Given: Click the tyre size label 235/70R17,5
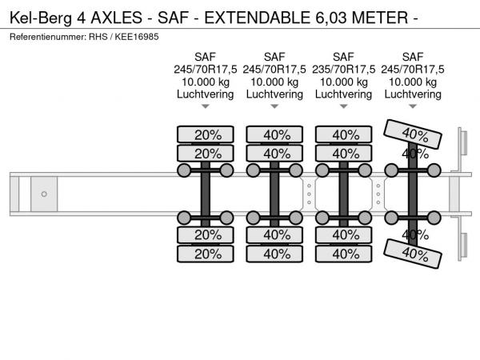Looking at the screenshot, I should pyautogui.click(x=344, y=69).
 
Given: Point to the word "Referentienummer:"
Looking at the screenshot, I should pyautogui.click(x=50, y=38).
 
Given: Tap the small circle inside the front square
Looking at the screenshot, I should pyautogui.click(x=44, y=194).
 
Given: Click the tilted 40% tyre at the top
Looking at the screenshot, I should pyautogui.click(x=414, y=133).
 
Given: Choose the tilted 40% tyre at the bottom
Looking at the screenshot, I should pyautogui.click(x=414, y=254).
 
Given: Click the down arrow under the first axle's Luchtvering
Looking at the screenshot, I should pyautogui.click(x=206, y=106).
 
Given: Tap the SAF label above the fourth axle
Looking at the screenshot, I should pyautogui.click(x=413, y=57).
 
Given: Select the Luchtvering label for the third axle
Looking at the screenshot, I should pyautogui.click(x=344, y=94).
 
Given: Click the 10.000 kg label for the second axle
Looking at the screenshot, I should pyautogui.click(x=274, y=82).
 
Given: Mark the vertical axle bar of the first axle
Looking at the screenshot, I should pyautogui.click(x=206, y=194).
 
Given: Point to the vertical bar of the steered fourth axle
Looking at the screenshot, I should pyautogui.click(x=414, y=194).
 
